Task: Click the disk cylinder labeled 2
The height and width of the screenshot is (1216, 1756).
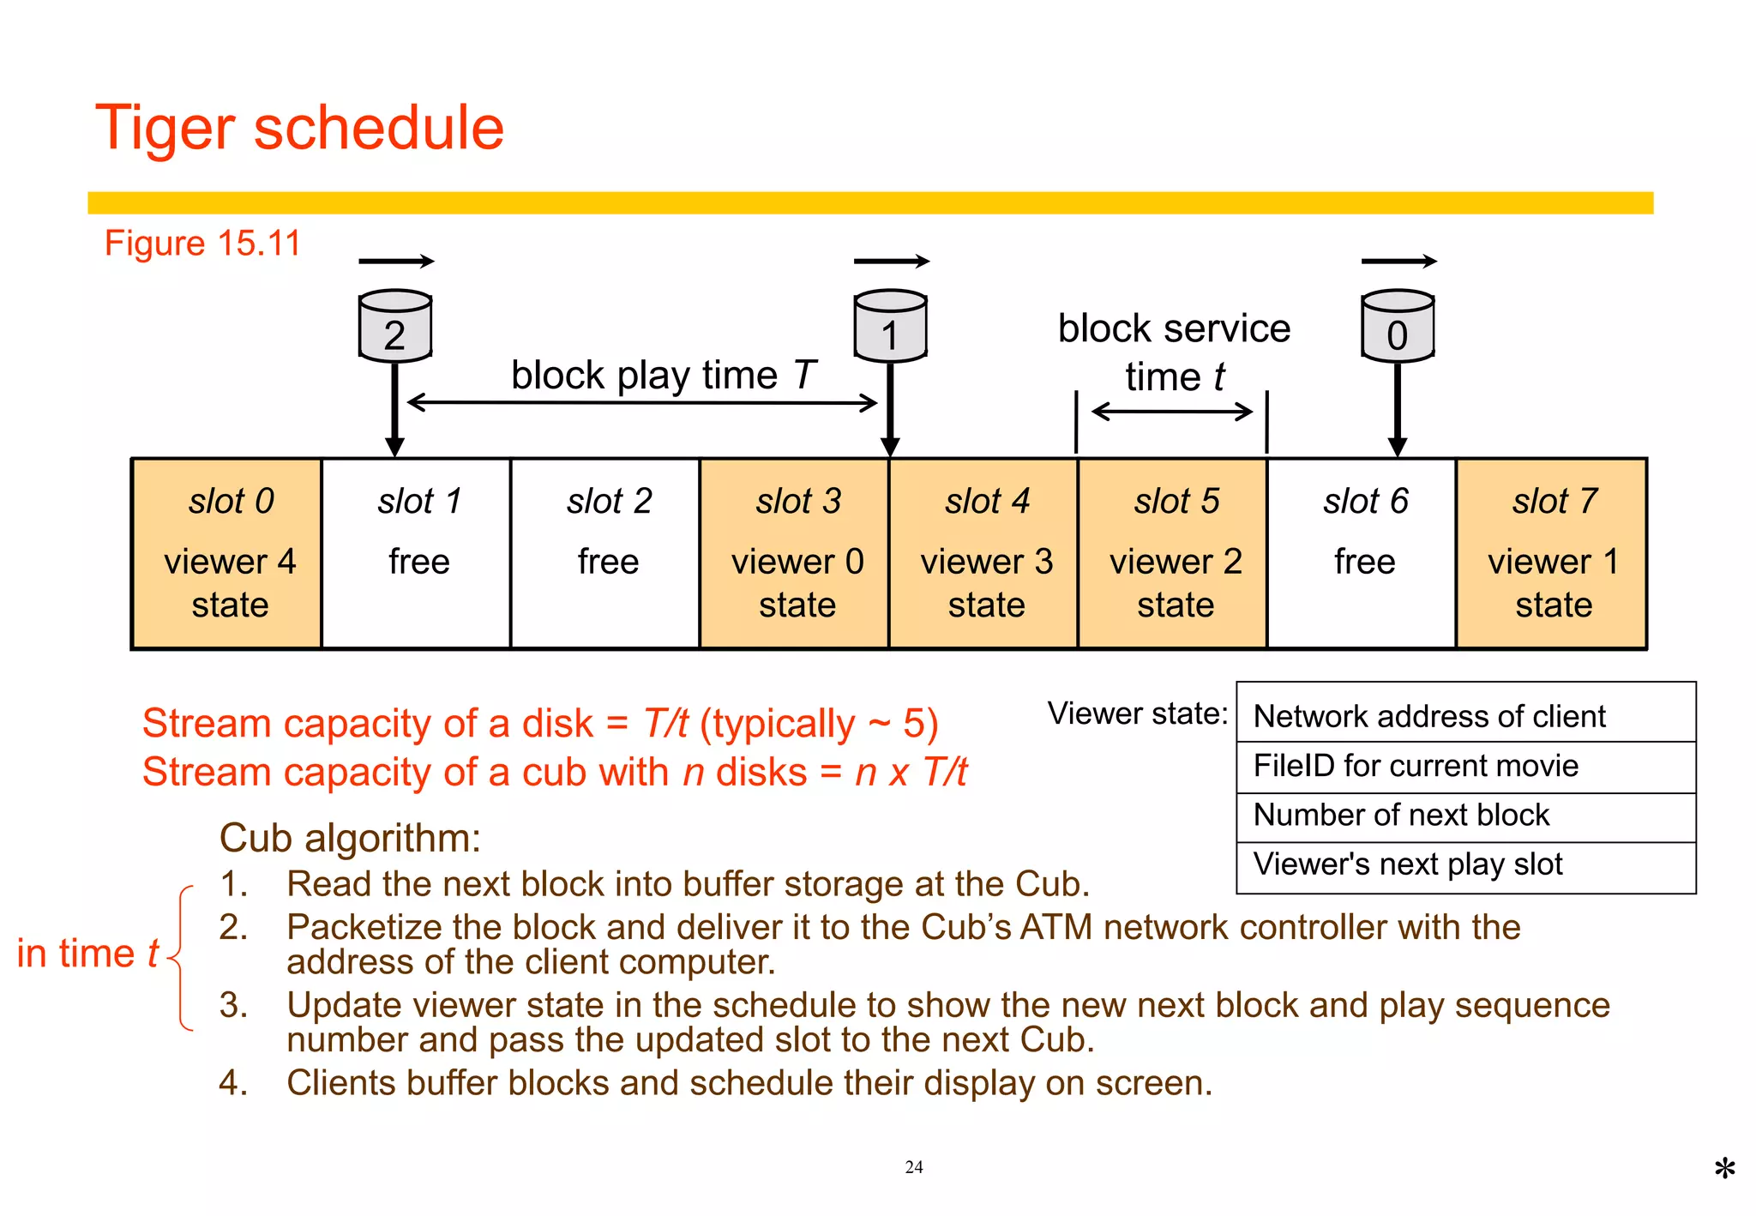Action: (x=394, y=326)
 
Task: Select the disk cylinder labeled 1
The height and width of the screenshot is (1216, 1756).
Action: (x=890, y=326)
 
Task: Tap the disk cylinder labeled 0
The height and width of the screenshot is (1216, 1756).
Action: (x=1398, y=326)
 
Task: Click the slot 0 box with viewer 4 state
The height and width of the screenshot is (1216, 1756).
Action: (x=227, y=554)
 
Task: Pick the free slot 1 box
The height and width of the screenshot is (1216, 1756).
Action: (x=417, y=554)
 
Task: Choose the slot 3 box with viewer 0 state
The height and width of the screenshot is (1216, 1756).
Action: (x=795, y=554)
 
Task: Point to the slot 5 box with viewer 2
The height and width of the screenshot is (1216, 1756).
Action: (x=1173, y=554)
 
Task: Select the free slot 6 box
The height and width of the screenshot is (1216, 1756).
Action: (x=1362, y=554)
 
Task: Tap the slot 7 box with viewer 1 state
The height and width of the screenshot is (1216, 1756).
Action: (x=1553, y=554)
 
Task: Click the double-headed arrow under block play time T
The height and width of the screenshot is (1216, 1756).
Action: (x=641, y=402)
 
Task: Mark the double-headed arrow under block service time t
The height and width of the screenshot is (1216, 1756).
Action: (x=1172, y=412)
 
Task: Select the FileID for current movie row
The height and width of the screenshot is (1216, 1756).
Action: (x=1466, y=767)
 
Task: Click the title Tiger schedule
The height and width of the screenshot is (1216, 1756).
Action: (x=300, y=128)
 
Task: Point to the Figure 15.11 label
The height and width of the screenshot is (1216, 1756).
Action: (x=203, y=244)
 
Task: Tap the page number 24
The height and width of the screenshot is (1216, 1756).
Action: (x=914, y=1167)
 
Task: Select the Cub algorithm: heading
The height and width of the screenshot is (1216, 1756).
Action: (x=350, y=838)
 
